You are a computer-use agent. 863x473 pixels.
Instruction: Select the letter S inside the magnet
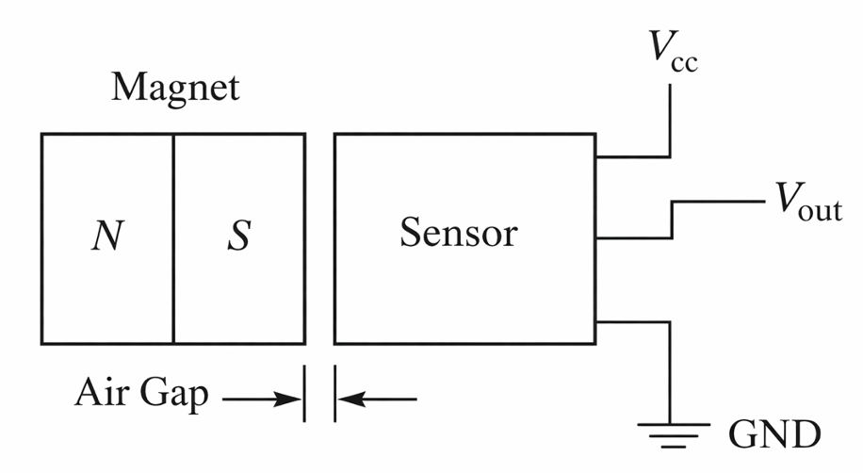tap(239, 236)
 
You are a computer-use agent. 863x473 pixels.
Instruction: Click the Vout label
tap(807, 204)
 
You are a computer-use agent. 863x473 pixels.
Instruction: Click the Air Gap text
tap(142, 395)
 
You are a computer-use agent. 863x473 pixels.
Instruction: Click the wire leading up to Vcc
tap(670, 122)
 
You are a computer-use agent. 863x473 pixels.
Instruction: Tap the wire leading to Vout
tap(716, 202)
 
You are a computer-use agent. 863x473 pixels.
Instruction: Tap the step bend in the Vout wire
tap(670, 220)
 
